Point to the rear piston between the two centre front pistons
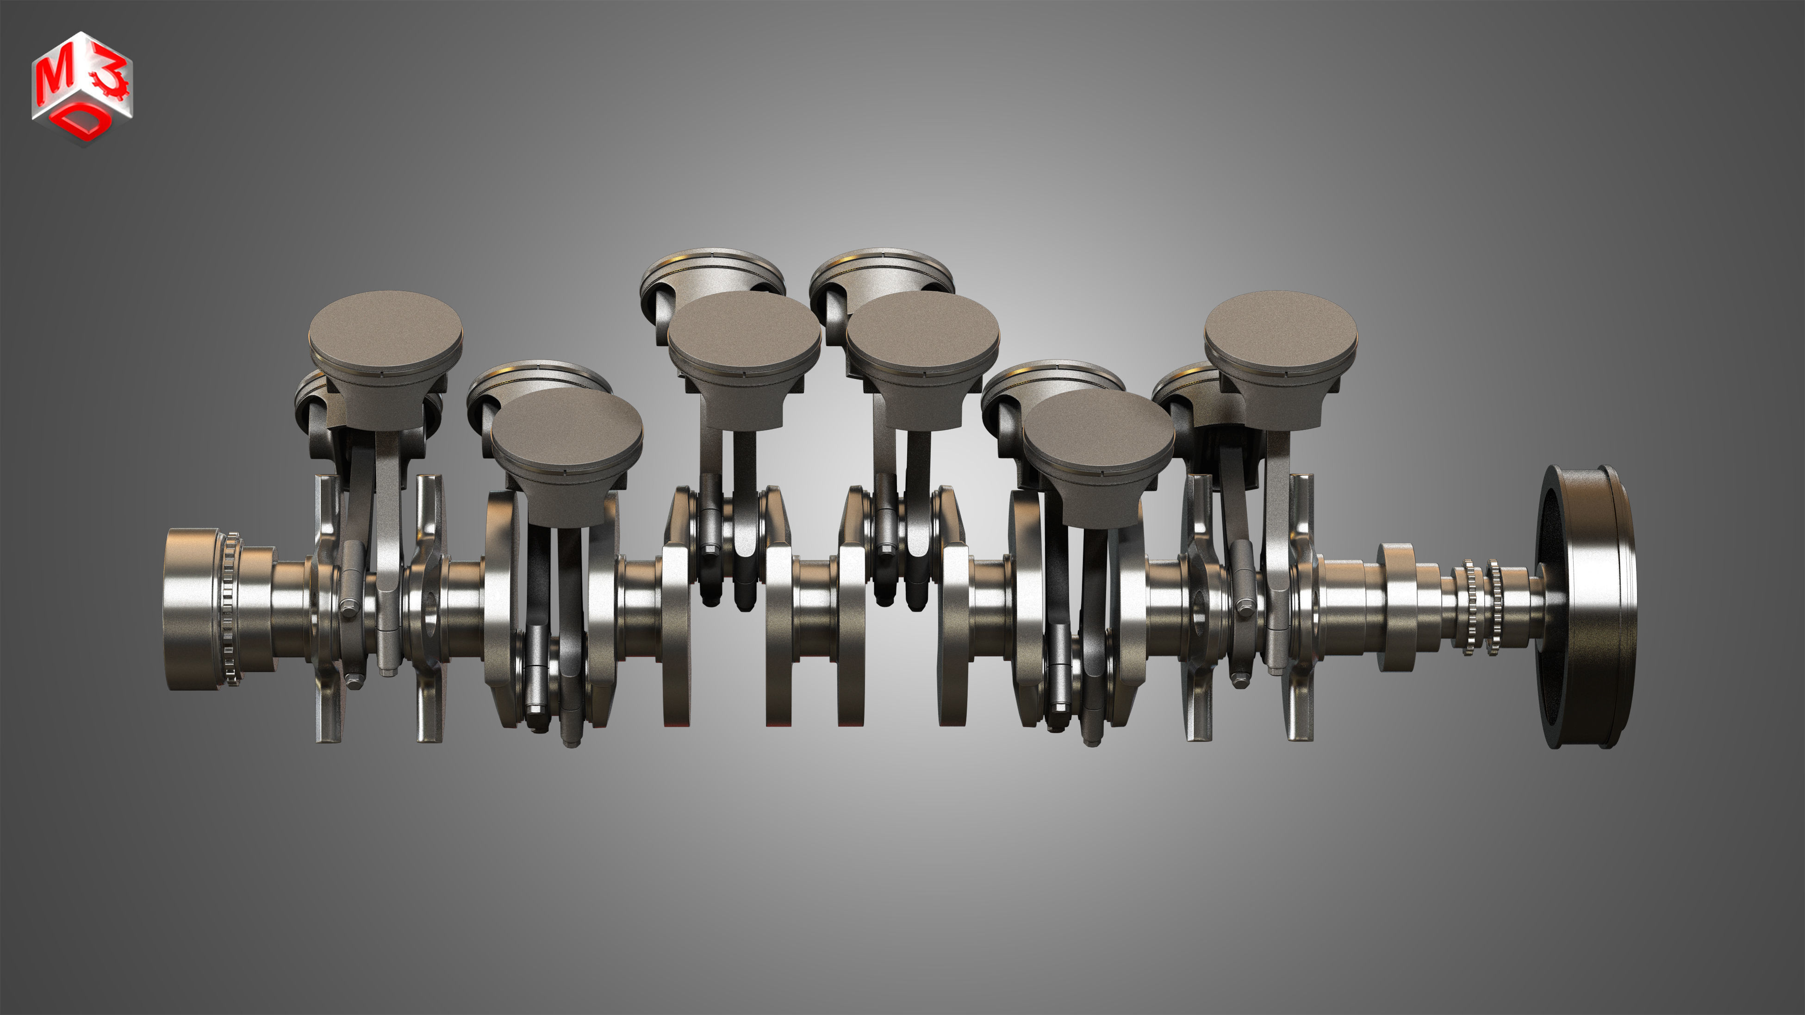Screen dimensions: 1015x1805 click(882, 270)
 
